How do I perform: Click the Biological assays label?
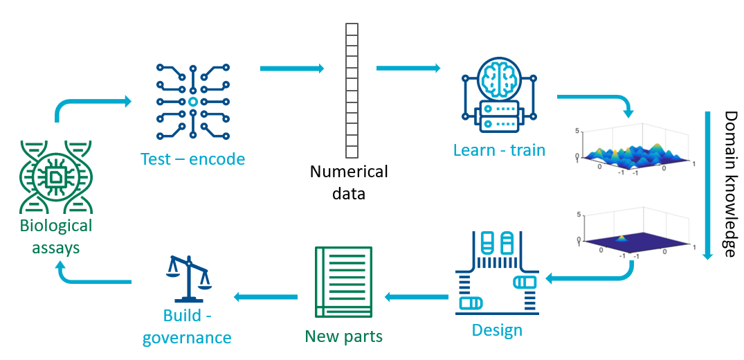click(x=55, y=236)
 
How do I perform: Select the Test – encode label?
click(x=192, y=159)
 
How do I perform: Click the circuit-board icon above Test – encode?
click(x=192, y=102)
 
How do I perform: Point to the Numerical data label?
click(x=349, y=182)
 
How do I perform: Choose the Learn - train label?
click(x=499, y=150)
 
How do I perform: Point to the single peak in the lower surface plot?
click(x=621, y=237)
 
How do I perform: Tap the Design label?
click(x=497, y=330)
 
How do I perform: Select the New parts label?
click(x=344, y=336)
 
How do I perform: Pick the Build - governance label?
click(x=187, y=327)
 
